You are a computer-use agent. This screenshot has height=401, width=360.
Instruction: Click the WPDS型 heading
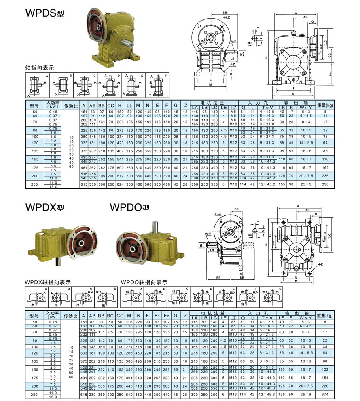(44, 13)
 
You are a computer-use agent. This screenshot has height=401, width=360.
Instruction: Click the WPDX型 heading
(44, 207)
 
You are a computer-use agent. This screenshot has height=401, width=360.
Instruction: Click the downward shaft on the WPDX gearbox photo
(60, 259)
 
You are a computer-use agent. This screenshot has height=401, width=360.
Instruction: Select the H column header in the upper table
(120, 105)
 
